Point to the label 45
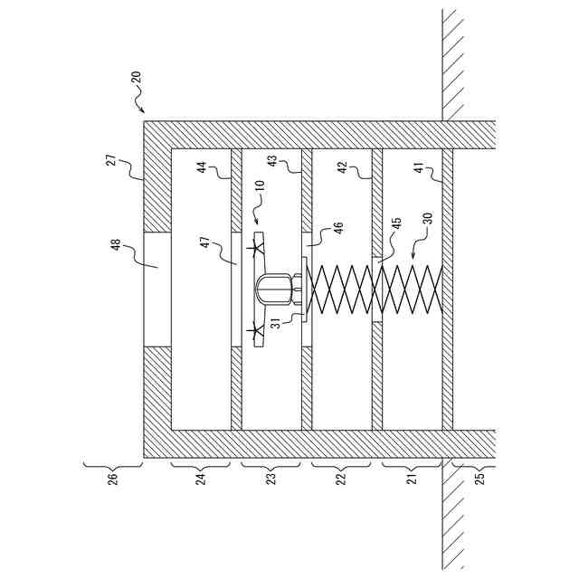(x=395, y=226)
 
